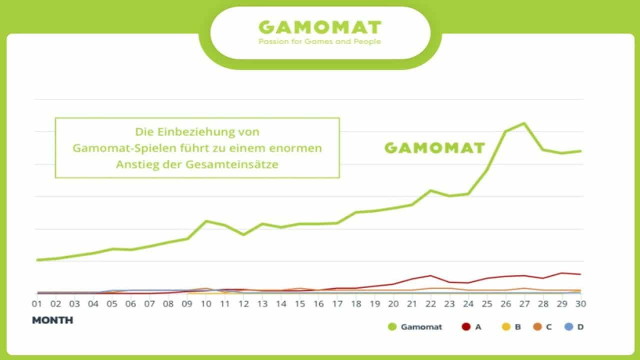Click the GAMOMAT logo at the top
pyautogui.click(x=320, y=27)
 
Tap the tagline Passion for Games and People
pyautogui.click(x=320, y=41)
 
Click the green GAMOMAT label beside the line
pyautogui.click(x=434, y=148)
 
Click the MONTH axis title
pyautogui.click(x=52, y=320)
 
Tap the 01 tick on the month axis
pyautogui.click(x=37, y=304)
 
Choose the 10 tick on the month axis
pyautogui.click(x=205, y=304)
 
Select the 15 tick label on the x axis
pyautogui.click(x=299, y=304)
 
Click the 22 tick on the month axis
pyautogui.click(x=430, y=304)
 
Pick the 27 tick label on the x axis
pyautogui.click(x=524, y=304)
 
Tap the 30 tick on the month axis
pyautogui.click(x=580, y=304)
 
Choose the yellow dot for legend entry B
pyautogui.click(x=506, y=327)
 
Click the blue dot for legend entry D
pyautogui.click(x=568, y=327)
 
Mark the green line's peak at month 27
pyautogui.click(x=524, y=123)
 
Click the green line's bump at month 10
pyautogui.click(x=206, y=221)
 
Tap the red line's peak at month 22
pyautogui.click(x=430, y=275)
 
